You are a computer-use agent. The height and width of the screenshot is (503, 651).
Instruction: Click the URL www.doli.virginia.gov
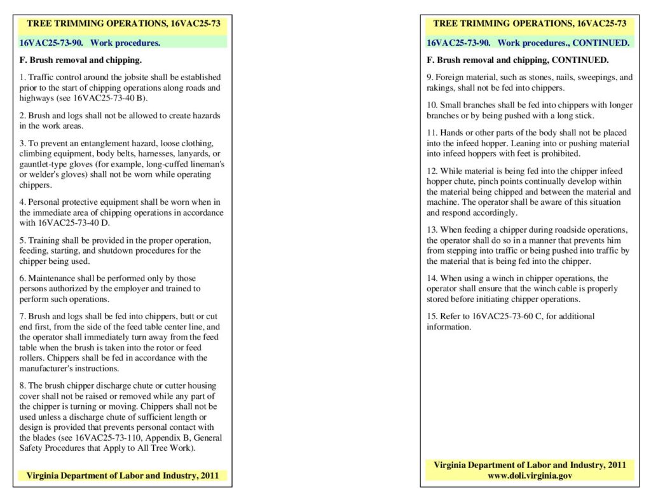tap(530, 476)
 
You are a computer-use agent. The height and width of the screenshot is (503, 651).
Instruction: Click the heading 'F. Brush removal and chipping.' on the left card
tap(81, 61)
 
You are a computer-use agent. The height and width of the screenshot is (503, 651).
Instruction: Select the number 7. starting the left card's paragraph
tap(23, 317)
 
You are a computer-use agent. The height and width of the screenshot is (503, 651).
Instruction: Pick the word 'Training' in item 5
tap(44, 240)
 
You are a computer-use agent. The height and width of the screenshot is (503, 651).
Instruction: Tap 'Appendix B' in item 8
tap(156, 438)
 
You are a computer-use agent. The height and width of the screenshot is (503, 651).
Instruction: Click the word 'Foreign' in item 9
tap(451, 78)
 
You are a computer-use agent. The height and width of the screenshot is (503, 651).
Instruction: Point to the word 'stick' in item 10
tap(584, 116)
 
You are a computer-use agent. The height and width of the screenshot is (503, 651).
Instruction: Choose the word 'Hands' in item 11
tap(452, 133)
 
